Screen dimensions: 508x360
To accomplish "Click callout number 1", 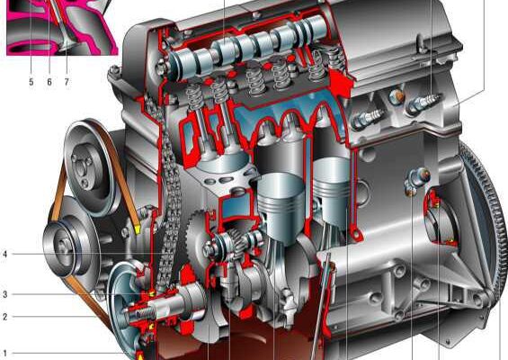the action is (4, 353).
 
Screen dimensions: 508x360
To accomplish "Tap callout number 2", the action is (4, 317).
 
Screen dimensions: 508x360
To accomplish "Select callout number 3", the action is (4, 294).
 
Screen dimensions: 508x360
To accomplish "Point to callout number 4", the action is (4, 254).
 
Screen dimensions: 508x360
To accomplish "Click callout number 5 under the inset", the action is (31, 82).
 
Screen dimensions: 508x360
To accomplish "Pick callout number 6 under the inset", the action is (49, 82).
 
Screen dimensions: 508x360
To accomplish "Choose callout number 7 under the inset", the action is (67, 82).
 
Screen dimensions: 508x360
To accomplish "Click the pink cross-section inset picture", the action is (61, 27).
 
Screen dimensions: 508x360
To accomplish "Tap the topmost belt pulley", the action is (92, 167).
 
